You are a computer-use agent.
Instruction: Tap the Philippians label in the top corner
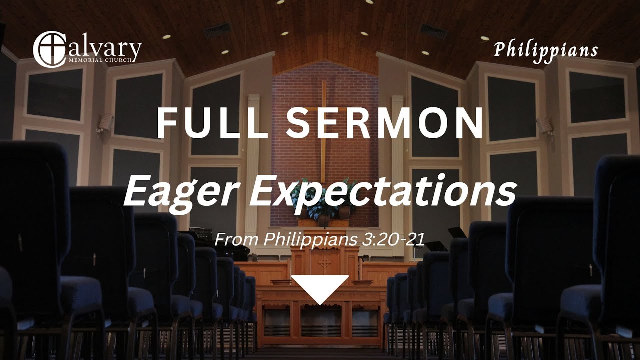coord(546,50)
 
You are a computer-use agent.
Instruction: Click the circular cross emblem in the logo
coord(48,49)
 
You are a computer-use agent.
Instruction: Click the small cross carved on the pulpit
coord(325,262)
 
